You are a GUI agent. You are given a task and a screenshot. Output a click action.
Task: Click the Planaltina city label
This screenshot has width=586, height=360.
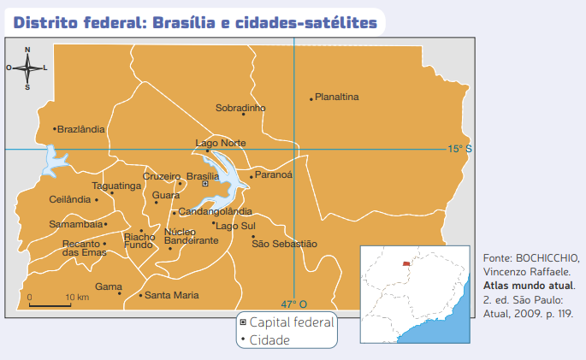[337, 97]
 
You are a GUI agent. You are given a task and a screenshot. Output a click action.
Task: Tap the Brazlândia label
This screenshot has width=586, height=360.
[81, 129]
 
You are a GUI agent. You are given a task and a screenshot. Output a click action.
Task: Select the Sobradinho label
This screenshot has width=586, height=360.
[240, 108]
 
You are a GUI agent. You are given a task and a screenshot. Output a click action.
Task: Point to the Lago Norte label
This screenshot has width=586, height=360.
[221, 143]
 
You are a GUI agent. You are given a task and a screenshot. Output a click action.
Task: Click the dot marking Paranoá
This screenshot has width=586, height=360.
[251, 177]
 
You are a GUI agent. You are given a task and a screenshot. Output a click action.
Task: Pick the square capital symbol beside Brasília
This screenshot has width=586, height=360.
[204, 184]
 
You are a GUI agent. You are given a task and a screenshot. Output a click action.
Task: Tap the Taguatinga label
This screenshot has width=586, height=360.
[117, 186]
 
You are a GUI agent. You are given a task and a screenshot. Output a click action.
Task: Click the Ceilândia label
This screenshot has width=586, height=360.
[70, 199]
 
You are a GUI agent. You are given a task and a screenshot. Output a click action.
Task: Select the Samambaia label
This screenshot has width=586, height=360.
[75, 224]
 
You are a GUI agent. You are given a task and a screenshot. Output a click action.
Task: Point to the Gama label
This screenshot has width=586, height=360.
[108, 286]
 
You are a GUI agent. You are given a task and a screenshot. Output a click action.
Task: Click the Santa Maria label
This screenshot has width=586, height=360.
[171, 295]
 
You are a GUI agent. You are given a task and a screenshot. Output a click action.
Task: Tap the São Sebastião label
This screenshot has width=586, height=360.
[284, 244]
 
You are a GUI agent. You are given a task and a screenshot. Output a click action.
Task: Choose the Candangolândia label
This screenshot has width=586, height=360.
[215, 211]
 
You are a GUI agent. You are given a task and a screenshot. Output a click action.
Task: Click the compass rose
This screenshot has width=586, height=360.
[27, 67]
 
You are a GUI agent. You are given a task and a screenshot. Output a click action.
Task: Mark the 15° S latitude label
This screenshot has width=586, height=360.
[459, 149]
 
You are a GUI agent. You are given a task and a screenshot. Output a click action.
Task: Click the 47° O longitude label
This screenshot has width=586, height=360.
[293, 304]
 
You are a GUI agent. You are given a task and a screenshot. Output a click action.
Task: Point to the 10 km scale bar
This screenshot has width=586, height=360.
[50, 304]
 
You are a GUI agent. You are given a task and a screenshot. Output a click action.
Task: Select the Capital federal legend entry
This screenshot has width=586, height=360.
[292, 322]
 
